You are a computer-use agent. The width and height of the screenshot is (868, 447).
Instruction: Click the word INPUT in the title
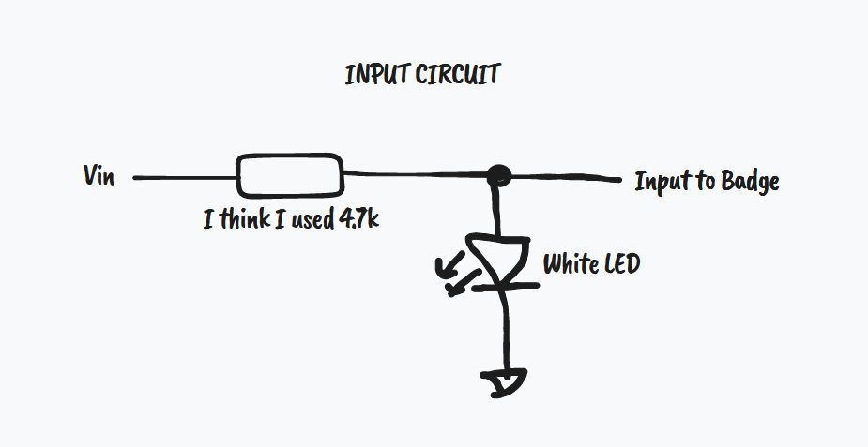[x=373, y=75]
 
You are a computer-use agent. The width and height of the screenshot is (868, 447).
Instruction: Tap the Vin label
[x=99, y=176]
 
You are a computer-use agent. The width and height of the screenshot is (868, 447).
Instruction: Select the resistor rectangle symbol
[x=288, y=175]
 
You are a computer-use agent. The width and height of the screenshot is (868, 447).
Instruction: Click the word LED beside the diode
[x=622, y=264]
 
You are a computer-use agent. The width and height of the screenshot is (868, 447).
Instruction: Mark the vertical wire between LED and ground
[x=507, y=328]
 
